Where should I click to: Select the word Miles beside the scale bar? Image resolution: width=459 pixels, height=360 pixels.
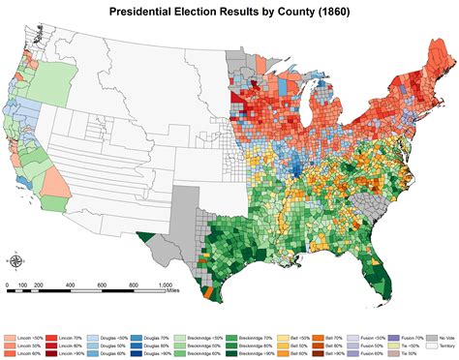(x=172, y=290)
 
